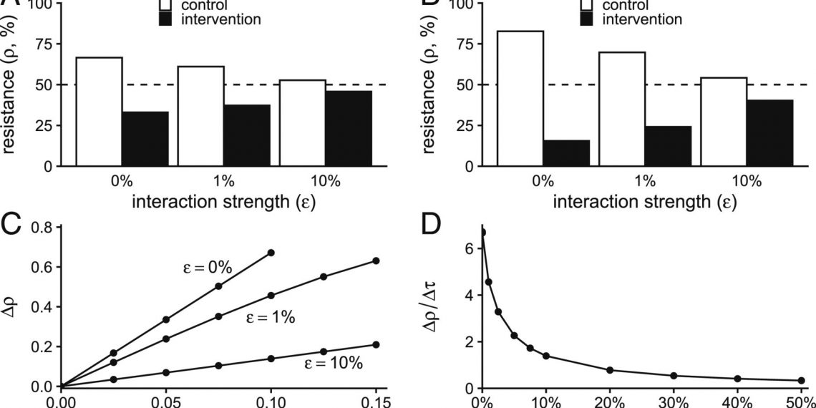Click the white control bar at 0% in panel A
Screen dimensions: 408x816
click(99, 111)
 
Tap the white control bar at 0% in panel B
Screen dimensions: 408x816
click(520, 98)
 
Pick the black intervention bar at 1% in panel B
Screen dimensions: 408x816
click(668, 146)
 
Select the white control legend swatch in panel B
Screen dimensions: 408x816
click(586, 5)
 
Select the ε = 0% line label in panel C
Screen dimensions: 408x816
click(205, 268)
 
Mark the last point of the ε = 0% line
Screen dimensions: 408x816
click(271, 253)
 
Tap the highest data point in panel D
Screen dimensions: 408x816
click(482, 233)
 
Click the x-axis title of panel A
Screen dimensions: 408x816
click(224, 202)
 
